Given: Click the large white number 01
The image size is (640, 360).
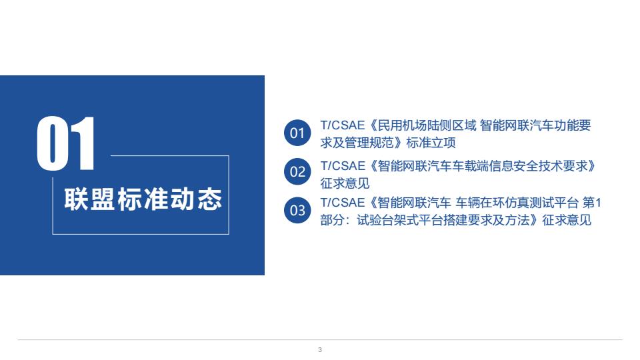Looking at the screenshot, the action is pyautogui.click(x=66, y=143).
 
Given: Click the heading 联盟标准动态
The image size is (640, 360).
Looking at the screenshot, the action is pyautogui.click(x=143, y=199).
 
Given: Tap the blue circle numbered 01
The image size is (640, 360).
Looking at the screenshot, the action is pyautogui.click(x=297, y=133).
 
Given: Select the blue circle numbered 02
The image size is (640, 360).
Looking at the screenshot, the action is pyautogui.click(x=297, y=171).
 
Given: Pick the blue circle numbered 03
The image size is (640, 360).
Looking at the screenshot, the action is pyautogui.click(x=297, y=210).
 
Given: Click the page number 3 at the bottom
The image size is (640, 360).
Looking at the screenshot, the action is pyautogui.click(x=320, y=350).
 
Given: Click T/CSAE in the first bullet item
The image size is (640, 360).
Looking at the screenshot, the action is pyautogui.click(x=343, y=125).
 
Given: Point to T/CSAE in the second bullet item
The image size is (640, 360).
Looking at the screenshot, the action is pyautogui.click(x=343, y=166).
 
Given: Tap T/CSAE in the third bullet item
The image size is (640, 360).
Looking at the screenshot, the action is pyautogui.click(x=343, y=203).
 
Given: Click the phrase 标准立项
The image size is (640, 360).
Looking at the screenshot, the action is pyautogui.click(x=431, y=143).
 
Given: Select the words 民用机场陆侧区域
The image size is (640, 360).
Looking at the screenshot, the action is pyautogui.click(x=427, y=125).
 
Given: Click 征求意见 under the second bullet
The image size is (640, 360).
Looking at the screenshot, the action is pyautogui.click(x=345, y=184).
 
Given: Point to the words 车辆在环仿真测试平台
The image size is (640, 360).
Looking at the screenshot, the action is pyautogui.click(x=517, y=203).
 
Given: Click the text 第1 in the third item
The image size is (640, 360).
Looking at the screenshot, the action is pyautogui.click(x=592, y=203).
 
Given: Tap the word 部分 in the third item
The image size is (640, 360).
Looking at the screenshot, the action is pyautogui.click(x=333, y=221).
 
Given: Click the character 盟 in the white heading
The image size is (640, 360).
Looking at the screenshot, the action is pyautogui.click(x=103, y=199).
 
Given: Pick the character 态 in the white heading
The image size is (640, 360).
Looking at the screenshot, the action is pyautogui.click(x=210, y=199).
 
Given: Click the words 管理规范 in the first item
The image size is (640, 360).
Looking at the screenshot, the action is pyautogui.click(x=369, y=143).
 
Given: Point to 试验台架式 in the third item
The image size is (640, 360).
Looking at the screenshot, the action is pyautogui.click(x=388, y=221).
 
